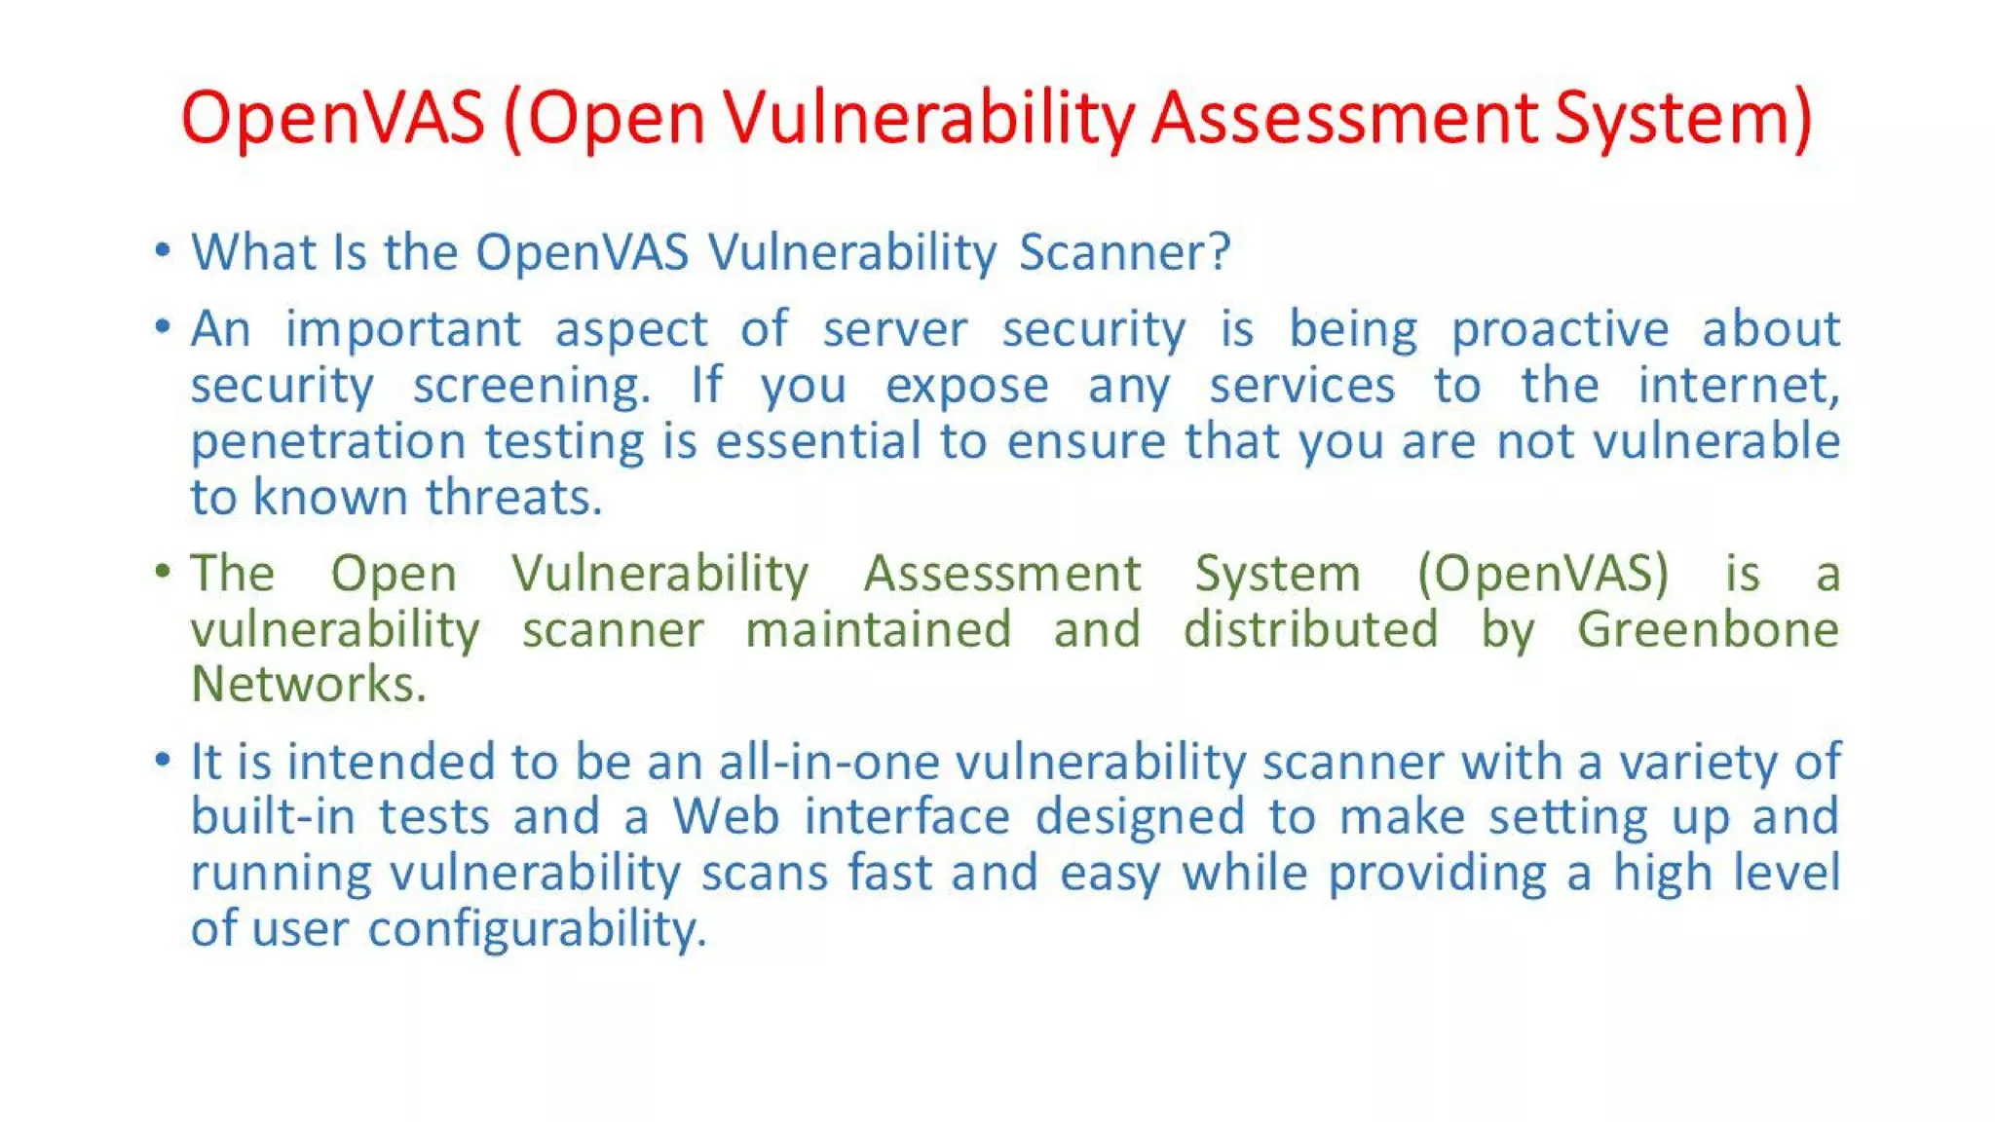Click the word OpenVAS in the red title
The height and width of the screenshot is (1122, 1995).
click(x=332, y=118)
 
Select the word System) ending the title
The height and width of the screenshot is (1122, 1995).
click(x=1682, y=118)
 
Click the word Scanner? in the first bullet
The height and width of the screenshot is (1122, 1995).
click(x=1124, y=252)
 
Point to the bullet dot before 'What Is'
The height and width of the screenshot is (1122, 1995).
click(x=163, y=251)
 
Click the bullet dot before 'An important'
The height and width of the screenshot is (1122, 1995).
click(x=163, y=327)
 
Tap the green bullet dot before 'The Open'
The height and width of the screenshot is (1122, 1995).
click(x=163, y=572)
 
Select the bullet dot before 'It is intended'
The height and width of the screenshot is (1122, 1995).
click(x=163, y=760)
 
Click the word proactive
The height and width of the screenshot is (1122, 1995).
click(x=1560, y=330)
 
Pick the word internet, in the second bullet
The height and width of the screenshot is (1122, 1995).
click(x=1738, y=385)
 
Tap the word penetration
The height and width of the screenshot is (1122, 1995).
click(x=328, y=442)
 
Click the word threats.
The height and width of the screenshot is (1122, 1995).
click(x=513, y=498)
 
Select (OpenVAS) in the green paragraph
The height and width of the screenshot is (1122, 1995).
click(x=1543, y=573)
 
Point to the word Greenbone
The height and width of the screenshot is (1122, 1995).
click(x=1708, y=629)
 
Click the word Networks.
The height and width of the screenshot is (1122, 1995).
click(x=308, y=684)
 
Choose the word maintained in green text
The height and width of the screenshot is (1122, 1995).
click(x=878, y=629)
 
